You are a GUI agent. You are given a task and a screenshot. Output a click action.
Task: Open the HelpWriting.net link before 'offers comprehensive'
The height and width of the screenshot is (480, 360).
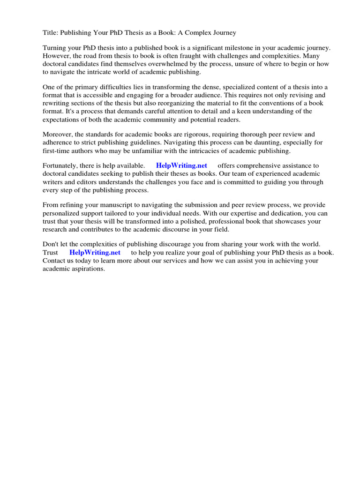(x=181, y=165)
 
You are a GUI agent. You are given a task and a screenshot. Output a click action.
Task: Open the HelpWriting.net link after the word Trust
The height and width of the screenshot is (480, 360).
(x=95, y=252)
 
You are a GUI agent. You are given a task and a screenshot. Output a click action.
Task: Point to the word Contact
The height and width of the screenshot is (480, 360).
(x=55, y=260)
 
